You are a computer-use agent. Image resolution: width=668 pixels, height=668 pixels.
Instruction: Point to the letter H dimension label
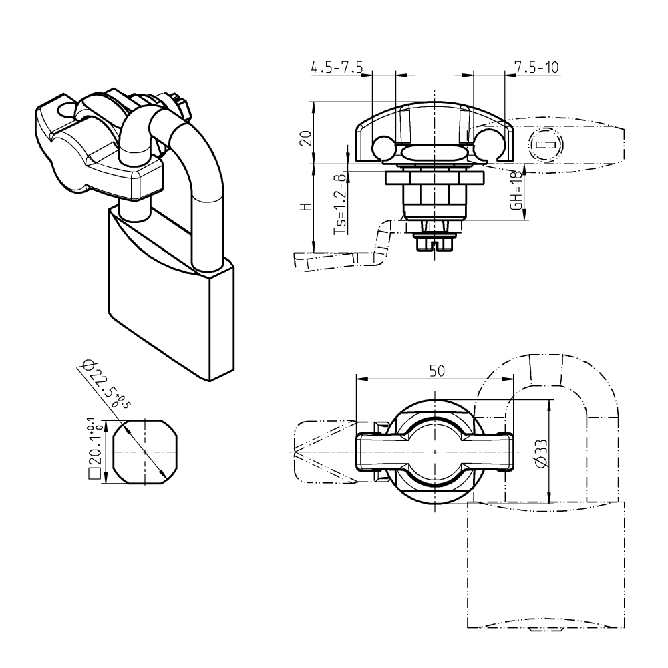pos(305,207)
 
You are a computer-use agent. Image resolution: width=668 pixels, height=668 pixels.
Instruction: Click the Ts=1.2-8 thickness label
pos(341,204)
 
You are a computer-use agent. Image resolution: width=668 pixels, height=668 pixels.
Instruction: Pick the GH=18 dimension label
pos(516,191)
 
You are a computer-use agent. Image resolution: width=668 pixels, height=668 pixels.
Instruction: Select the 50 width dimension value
pos(435,371)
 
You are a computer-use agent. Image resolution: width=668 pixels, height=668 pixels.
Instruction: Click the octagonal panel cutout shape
pos(145,452)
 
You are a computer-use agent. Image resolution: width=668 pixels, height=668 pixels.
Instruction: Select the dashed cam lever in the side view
pos(341,257)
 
